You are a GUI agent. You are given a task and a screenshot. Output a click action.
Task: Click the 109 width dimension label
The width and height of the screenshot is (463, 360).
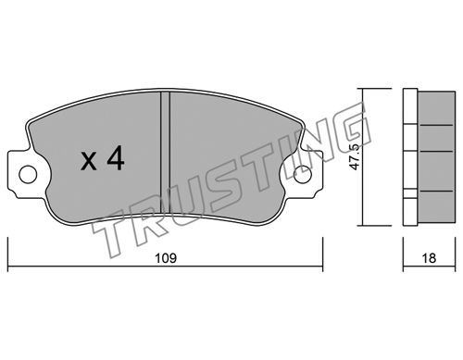point(166,258)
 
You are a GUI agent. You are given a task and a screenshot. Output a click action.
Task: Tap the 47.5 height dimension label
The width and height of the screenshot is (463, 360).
point(356,157)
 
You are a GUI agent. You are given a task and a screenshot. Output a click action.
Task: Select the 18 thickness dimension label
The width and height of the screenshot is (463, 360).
point(429,258)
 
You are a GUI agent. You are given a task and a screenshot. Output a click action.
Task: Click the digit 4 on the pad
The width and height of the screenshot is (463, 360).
point(116,158)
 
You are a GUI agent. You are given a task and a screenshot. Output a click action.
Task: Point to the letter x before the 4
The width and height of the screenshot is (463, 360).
point(89,162)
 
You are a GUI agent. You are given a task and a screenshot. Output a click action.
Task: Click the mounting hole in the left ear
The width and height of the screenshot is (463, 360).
point(28,174)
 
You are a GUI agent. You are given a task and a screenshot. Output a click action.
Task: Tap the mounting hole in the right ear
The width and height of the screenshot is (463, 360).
point(303,174)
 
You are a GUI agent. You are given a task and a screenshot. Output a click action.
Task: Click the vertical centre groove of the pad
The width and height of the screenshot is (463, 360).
point(165,152)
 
